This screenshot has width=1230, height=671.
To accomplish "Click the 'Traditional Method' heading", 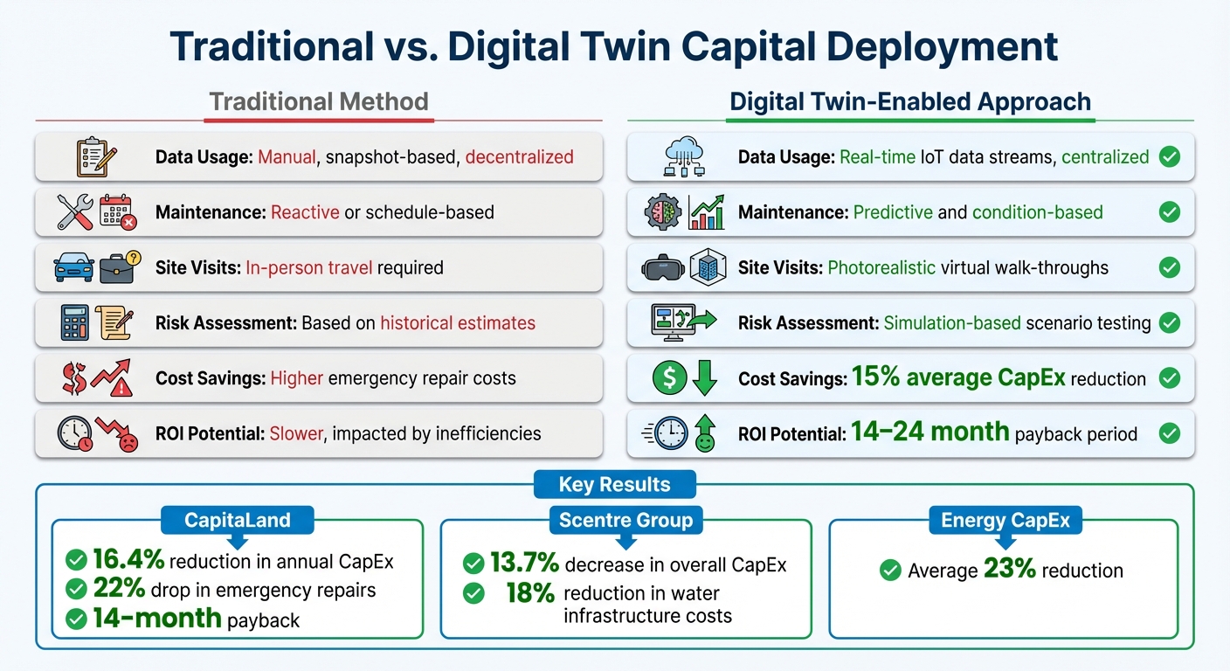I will [x=319, y=101].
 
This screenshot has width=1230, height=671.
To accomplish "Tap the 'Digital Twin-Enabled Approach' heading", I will [x=910, y=101].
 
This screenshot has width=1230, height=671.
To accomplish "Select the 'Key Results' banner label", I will [x=615, y=485].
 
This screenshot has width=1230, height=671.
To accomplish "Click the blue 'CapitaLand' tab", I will [x=237, y=521].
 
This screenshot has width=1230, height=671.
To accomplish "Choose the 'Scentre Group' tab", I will [x=625, y=521].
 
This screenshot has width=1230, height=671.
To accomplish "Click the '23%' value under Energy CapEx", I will [x=1009, y=571].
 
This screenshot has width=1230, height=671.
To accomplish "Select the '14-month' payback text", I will [x=157, y=619].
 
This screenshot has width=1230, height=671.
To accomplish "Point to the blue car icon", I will [x=74, y=266].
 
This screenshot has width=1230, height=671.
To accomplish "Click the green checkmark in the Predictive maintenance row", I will [x=1169, y=212].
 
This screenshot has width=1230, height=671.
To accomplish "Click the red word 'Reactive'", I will [x=305, y=212].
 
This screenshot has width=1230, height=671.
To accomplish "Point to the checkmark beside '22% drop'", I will [x=77, y=590].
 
